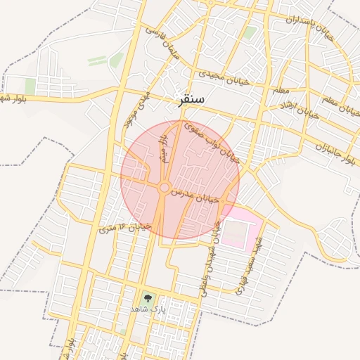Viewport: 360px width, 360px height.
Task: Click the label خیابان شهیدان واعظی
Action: pos(211,260)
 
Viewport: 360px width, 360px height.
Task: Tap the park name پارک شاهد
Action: pos(147,309)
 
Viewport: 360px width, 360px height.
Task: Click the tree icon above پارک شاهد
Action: pos(147,299)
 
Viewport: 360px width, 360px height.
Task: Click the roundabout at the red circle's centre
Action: pos(165,188)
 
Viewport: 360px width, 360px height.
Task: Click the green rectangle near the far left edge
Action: pos(30,86)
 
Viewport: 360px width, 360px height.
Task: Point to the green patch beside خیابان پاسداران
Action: pos(250,33)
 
